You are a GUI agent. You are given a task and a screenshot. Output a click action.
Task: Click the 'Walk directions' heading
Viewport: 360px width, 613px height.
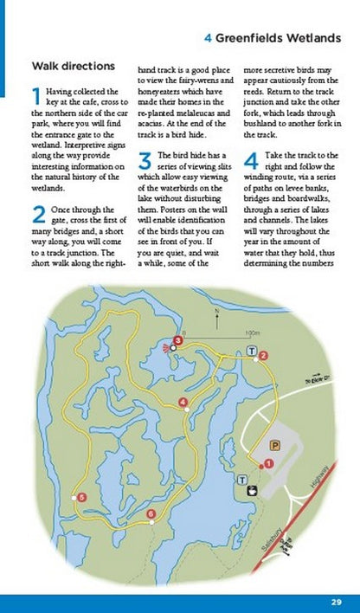point(73,66)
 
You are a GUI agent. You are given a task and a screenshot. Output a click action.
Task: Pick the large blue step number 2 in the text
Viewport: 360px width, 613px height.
point(37,215)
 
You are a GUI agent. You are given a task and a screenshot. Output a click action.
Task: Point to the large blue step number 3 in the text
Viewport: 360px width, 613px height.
point(145,160)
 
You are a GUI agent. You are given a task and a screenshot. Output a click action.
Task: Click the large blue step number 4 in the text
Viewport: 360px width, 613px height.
point(251,160)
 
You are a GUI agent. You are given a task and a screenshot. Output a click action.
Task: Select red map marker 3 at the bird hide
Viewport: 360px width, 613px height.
point(177,340)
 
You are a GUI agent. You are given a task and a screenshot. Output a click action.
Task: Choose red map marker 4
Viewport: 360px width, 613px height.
point(183,403)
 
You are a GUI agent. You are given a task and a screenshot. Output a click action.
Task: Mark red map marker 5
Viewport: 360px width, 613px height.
point(81,497)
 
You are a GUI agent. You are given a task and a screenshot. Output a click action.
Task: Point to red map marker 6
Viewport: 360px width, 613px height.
point(151,514)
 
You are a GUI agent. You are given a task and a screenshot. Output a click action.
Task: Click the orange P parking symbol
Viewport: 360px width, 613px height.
point(274,446)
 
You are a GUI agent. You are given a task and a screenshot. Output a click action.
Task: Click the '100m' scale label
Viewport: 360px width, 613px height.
point(252,332)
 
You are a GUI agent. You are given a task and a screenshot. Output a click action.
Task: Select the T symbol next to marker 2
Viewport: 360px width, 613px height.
point(252,351)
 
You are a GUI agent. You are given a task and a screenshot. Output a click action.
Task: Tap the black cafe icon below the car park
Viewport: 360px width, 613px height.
point(251,491)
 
